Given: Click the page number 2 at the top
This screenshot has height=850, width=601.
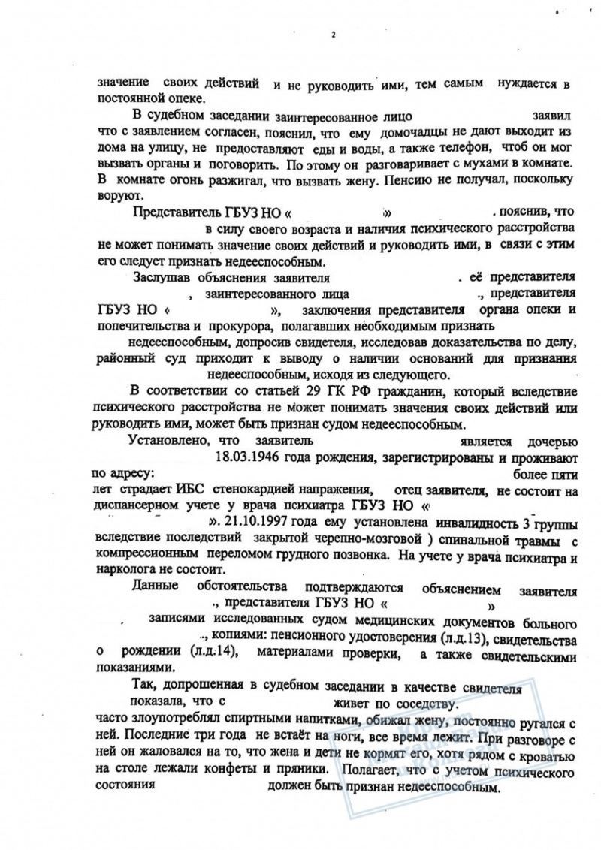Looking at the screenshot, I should point(331,34).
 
